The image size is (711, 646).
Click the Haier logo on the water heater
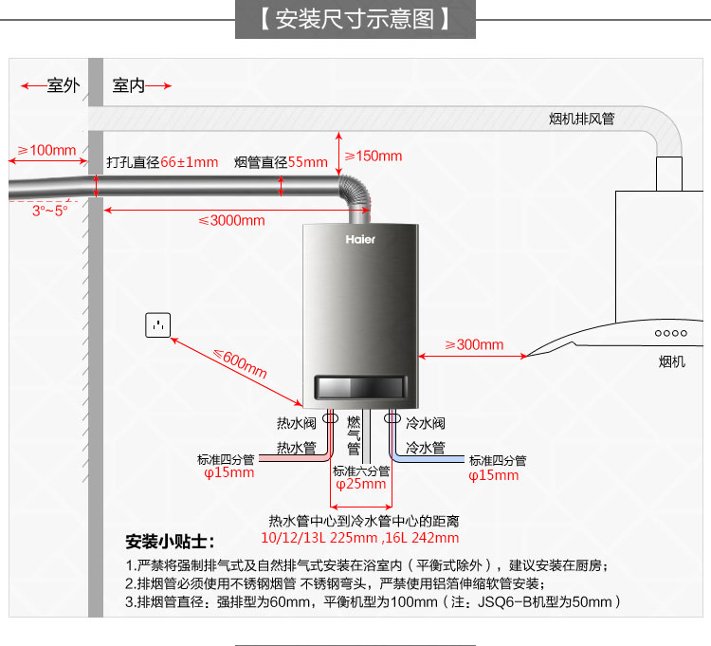coord(360,239)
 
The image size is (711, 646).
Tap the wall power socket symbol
coord(157,324)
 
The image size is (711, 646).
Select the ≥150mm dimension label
coord(374,157)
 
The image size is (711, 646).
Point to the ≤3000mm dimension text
coord(231,220)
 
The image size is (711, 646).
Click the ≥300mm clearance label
coord(474,344)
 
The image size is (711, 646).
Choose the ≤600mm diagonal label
coord(241,363)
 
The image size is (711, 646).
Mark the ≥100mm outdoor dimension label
coord(46,150)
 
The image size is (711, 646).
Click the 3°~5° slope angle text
coord(50,211)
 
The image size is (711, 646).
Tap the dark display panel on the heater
coord(360,387)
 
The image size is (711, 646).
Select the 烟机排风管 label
coord(582,119)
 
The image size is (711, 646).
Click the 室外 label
coord(64,85)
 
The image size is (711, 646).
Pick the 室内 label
coord(129,85)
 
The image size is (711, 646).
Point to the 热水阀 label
coord(297,423)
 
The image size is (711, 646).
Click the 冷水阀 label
coord(426,423)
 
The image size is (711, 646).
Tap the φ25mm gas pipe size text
coord(361,484)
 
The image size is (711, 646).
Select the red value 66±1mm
coord(190,162)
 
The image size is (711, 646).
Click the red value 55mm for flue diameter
coord(308,162)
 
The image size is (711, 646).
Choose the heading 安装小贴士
coord(170,542)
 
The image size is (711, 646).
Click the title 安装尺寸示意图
coord(355,19)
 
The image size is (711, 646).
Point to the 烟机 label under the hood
coord(672,362)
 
